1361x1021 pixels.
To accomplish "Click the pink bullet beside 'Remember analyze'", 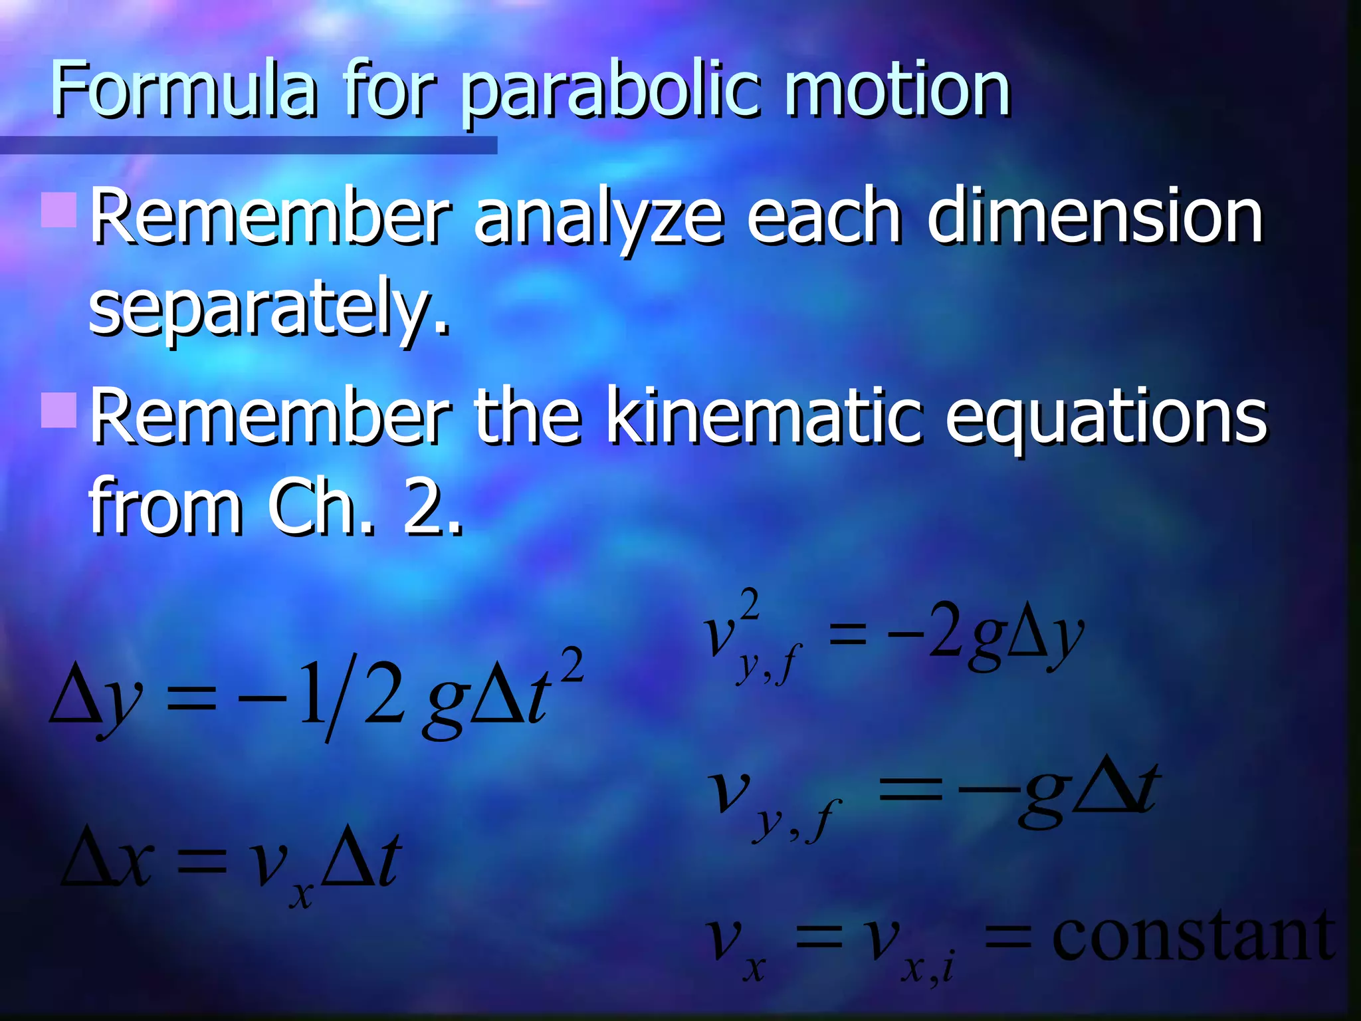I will (x=58, y=209).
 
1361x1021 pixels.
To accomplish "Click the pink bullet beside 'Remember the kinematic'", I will (x=58, y=409).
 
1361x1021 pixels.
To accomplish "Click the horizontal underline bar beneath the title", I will (x=249, y=145).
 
